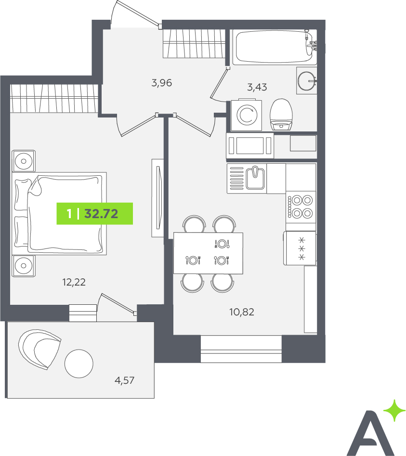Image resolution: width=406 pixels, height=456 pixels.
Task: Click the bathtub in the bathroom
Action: click(x=275, y=47)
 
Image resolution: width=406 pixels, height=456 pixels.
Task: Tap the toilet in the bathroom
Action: click(x=281, y=115)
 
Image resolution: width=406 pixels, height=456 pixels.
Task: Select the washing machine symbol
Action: click(x=246, y=116)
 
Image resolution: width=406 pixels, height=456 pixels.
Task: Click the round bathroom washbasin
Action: click(x=307, y=80)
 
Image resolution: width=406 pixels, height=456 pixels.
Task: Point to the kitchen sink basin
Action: click(x=255, y=177)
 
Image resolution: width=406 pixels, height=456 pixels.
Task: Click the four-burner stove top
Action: click(x=301, y=207)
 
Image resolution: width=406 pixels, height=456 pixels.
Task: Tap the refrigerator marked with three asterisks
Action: click(x=300, y=248)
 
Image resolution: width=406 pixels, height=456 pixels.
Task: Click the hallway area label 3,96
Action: click(x=162, y=83)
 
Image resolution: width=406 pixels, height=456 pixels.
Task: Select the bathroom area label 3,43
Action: click(x=257, y=87)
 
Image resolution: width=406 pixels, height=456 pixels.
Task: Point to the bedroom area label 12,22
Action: click(x=74, y=282)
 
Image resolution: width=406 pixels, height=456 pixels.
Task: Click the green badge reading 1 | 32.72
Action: click(x=94, y=213)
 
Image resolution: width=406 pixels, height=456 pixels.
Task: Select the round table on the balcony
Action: click(x=79, y=364)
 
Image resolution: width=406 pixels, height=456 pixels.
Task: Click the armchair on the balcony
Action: click(x=39, y=349)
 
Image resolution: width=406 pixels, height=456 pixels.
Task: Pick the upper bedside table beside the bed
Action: click(x=24, y=161)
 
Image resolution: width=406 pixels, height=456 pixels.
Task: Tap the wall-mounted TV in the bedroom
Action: click(x=158, y=198)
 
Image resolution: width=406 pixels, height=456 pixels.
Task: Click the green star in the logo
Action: click(x=394, y=410)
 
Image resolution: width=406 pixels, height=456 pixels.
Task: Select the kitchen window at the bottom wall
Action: click(x=241, y=349)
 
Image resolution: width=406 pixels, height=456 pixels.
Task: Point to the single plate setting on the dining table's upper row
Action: click(x=222, y=244)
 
